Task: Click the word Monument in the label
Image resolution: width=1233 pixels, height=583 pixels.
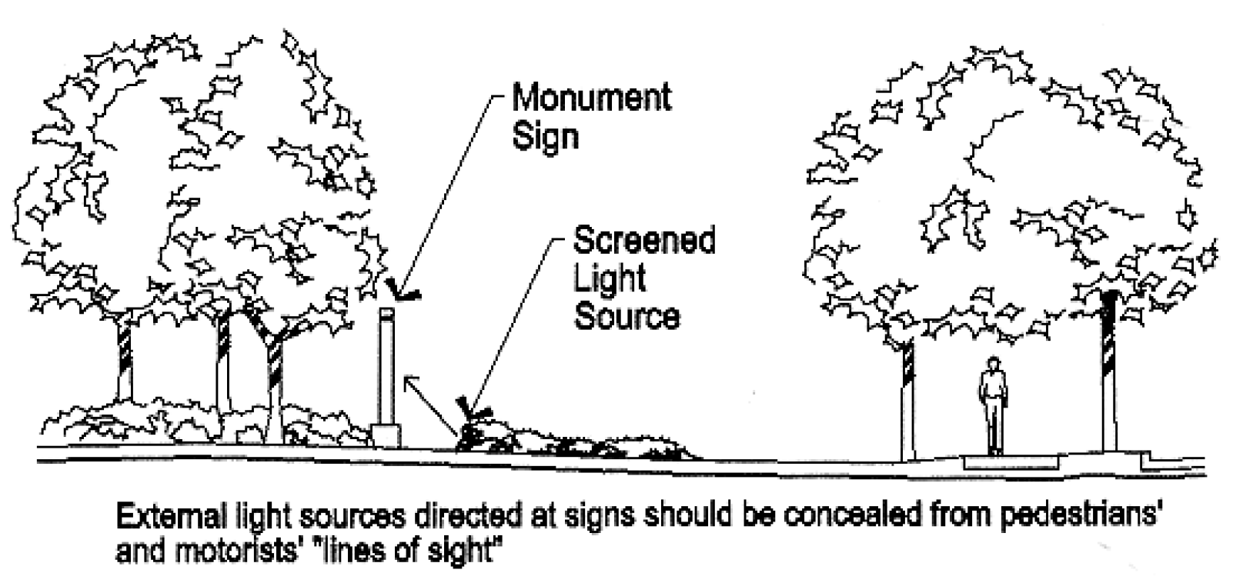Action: pos(592,98)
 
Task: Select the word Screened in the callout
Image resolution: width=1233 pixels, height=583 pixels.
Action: pos(644,240)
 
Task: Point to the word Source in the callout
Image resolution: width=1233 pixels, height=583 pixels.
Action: pos(627,317)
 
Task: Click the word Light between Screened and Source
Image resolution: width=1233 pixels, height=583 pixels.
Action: pos(610,279)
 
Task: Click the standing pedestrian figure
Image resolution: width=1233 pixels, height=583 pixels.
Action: pos(994,406)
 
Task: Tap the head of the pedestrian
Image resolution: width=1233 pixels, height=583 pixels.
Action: pos(993,363)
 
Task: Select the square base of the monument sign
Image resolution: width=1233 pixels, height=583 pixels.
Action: pos(386,435)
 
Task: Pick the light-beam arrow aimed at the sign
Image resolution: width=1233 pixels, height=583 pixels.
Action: pos(430,405)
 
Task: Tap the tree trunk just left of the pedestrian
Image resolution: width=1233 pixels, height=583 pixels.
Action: pos(907,401)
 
